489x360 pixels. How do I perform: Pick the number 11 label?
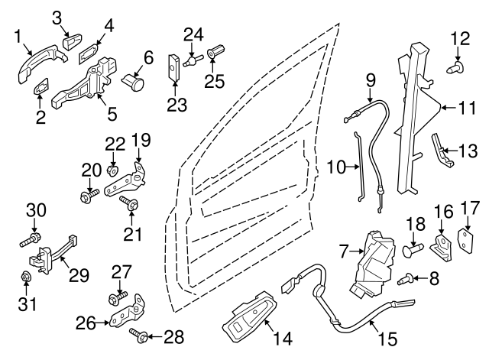[x=467, y=108]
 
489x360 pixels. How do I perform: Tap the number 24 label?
[x=193, y=33]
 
